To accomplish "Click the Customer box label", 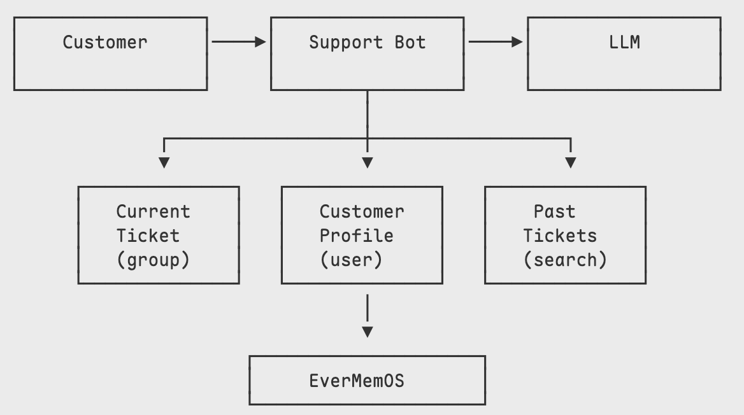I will (104, 43).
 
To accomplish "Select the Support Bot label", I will (367, 43).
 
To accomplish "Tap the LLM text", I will (624, 43).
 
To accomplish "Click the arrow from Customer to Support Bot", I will (238, 42).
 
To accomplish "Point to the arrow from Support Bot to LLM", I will (495, 42).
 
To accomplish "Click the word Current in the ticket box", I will (153, 211).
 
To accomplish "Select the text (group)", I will (153, 260).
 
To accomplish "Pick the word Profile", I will (356, 236).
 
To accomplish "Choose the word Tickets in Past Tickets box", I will (560, 236).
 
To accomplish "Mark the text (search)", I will (565, 260).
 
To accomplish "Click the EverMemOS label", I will (356, 381).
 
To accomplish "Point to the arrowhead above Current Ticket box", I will (164, 162).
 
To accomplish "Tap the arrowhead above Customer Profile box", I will (367, 162).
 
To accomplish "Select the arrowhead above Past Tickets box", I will (571, 162).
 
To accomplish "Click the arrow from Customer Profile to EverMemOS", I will (367, 315).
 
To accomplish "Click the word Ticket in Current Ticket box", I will (148, 236).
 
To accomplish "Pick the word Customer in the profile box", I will (361, 211).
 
